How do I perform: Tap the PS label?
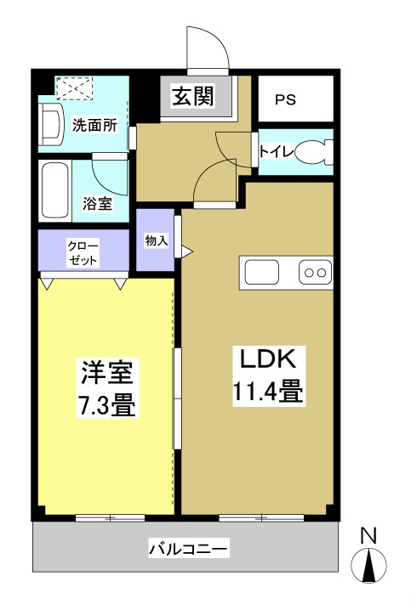[x=284, y=99]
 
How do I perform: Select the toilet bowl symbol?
[x=317, y=152]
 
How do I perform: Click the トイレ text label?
[x=276, y=152]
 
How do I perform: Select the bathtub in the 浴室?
[x=54, y=188]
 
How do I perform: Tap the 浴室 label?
[x=96, y=204]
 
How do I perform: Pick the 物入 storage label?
[x=156, y=240]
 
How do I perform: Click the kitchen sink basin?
[x=261, y=273]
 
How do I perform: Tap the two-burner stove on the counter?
[x=314, y=273]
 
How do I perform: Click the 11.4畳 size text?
[x=266, y=392]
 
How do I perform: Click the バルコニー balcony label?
[x=187, y=549]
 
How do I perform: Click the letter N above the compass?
[x=368, y=536]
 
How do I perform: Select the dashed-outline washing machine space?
[x=73, y=87]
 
